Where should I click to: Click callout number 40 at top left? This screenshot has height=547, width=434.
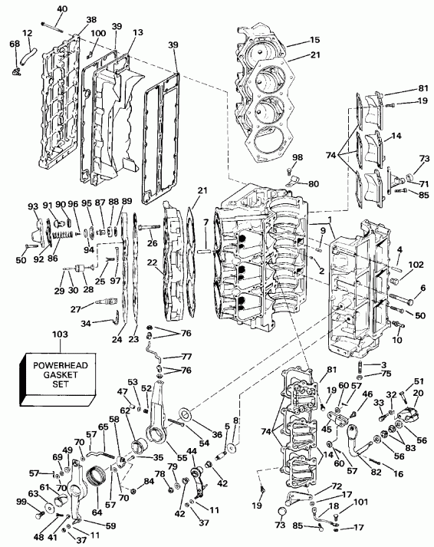coord(62,8)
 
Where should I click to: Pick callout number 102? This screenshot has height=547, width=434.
coord(415,265)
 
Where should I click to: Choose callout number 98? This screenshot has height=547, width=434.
coord(297,157)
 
